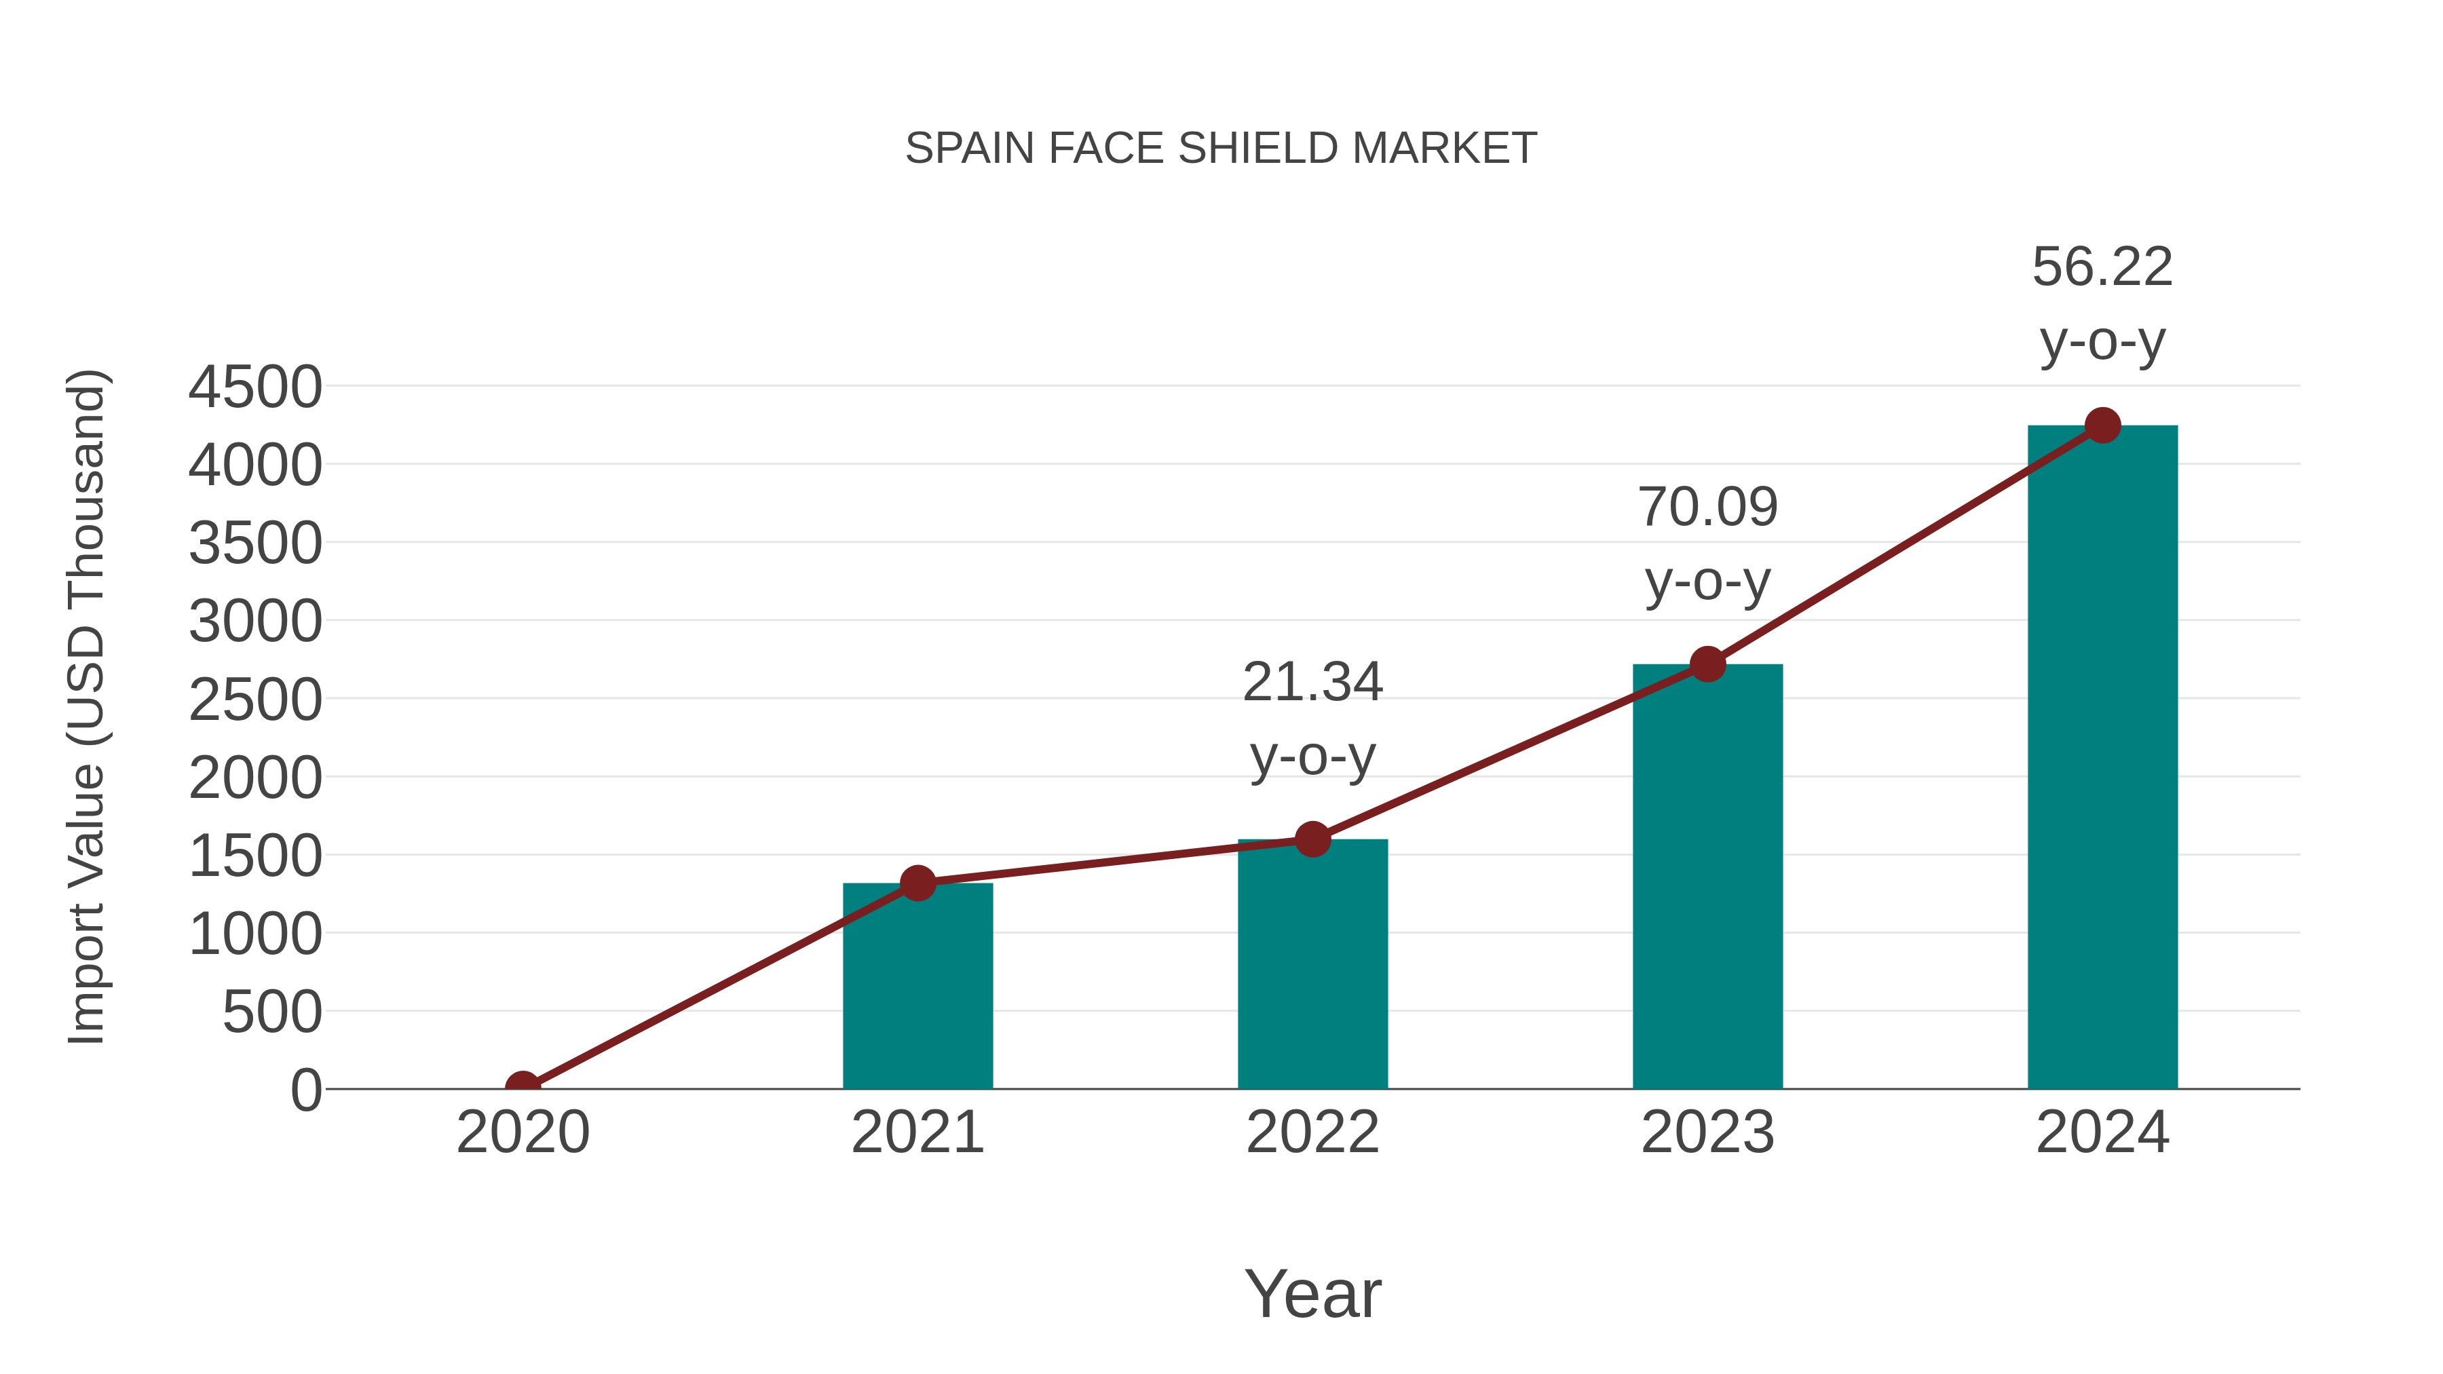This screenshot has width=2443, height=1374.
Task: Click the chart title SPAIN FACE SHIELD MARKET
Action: tap(1221, 149)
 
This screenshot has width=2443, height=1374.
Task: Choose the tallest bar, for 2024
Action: tap(2102, 759)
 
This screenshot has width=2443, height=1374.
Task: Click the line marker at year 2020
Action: tap(523, 1087)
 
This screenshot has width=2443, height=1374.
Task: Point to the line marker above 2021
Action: tap(917, 883)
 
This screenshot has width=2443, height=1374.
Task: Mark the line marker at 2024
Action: tap(2102, 425)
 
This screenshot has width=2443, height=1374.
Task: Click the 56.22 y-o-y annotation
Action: tap(2102, 303)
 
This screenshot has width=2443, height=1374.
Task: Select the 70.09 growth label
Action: tap(1707, 543)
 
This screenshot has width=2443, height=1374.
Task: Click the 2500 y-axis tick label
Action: tap(255, 701)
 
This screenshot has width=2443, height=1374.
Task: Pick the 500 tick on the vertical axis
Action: tap(272, 1013)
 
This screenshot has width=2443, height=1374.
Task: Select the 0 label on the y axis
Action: tap(306, 1090)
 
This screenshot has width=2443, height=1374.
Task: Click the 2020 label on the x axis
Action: tap(523, 1132)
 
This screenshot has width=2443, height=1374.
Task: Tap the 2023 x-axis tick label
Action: tap(1707, 1132)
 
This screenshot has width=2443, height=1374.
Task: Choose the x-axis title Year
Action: tap(1312, 1293)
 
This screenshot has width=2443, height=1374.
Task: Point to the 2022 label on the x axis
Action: tap(1312, 1132)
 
